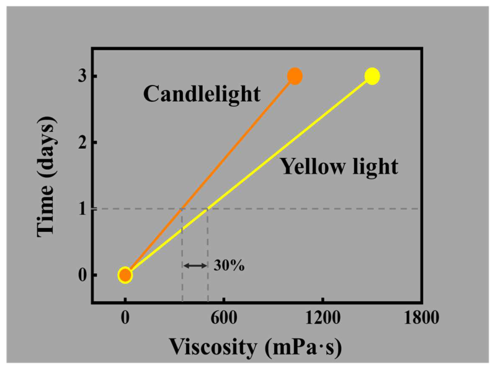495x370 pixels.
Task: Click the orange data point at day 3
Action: coord(295,76)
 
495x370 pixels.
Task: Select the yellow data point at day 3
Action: coord(372,76)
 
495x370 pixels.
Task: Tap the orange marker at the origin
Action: coord(125,275)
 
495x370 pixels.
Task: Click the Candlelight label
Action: coord(202,94)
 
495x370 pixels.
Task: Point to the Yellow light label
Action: coord(339,166)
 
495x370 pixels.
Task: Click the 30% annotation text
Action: coord(229,266)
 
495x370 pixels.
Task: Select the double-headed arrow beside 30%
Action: coord(195,266)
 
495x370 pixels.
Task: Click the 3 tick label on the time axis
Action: coord(82,76)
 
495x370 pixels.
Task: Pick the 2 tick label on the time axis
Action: coord(82,143)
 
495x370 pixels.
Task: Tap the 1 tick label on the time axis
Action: coord(83,209)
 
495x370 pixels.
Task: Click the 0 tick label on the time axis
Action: coord(82,275)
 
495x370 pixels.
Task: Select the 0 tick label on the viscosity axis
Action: coord(125,318)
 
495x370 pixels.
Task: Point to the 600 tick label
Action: coord(224,318)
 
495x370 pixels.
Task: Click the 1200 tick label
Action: coord(323,318)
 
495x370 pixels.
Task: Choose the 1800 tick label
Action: coord(422,318)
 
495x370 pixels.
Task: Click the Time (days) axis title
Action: coord(47,177)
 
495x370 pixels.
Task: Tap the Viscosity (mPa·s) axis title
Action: coord(256,348)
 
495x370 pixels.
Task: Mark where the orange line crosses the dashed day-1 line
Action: coord(181,209)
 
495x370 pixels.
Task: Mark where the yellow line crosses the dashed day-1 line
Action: coord(207,209)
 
